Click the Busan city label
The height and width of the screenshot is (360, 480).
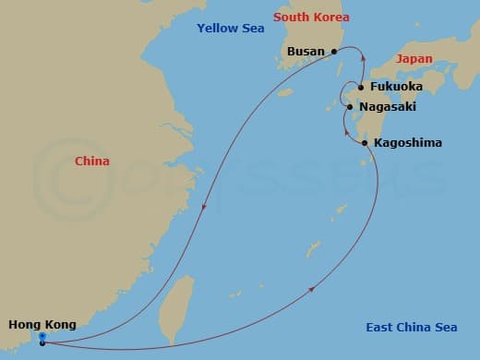[x=306, y=52]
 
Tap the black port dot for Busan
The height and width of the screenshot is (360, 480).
[x=334, y=53]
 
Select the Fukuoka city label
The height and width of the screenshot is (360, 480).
[x=396, y=87]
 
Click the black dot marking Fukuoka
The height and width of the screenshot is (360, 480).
[x=361, y=88]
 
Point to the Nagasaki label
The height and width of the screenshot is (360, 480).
[x=388, y=107]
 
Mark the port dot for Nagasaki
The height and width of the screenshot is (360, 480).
[x=349, y=108]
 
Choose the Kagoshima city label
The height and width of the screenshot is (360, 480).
[x=408, y=143]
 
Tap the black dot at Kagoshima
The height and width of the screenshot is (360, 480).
[x=366, y=143]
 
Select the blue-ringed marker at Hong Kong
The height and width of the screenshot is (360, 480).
[x=42, y=337]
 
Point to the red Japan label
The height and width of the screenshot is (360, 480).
[x=414, y=58]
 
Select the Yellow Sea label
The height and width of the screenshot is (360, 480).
[x=230, y=29]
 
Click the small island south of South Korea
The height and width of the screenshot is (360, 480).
[x=285, y=92]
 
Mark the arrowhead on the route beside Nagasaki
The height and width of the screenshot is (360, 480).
[x=344, y=135]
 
